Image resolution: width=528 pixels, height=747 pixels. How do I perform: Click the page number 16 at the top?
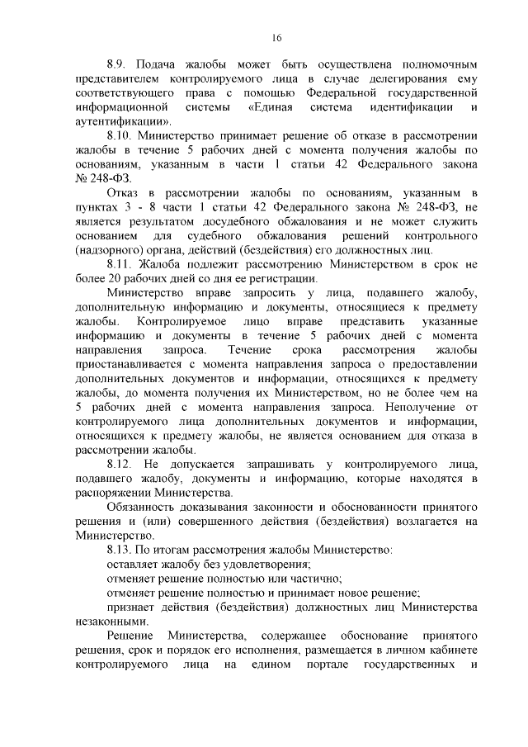[x=276, y=37]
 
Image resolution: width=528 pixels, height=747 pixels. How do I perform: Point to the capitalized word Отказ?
[x=125, y=193]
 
